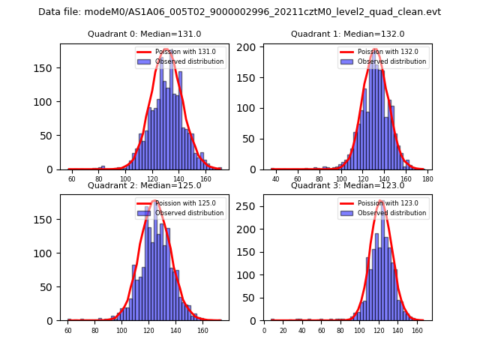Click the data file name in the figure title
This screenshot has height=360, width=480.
(x=239, y=12)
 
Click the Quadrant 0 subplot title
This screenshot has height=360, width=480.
(x=144, y=34)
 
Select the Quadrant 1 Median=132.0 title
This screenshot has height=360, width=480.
(x=347, y=34)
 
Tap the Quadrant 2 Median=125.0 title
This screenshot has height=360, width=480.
(x=144, y=185)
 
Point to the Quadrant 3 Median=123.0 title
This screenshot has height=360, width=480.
(x=347, y=185)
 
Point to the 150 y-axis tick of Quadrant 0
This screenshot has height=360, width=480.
(x=46, y=68)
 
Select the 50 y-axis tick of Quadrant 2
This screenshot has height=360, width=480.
(x=49, y=286)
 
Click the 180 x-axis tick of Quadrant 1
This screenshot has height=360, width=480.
(x=427, y=178)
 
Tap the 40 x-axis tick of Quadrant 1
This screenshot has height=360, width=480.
(x=275, y=178)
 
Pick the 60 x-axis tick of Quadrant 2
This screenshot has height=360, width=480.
(x=67, y=330)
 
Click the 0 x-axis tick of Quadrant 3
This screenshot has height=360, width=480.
(x=264, y=330)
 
